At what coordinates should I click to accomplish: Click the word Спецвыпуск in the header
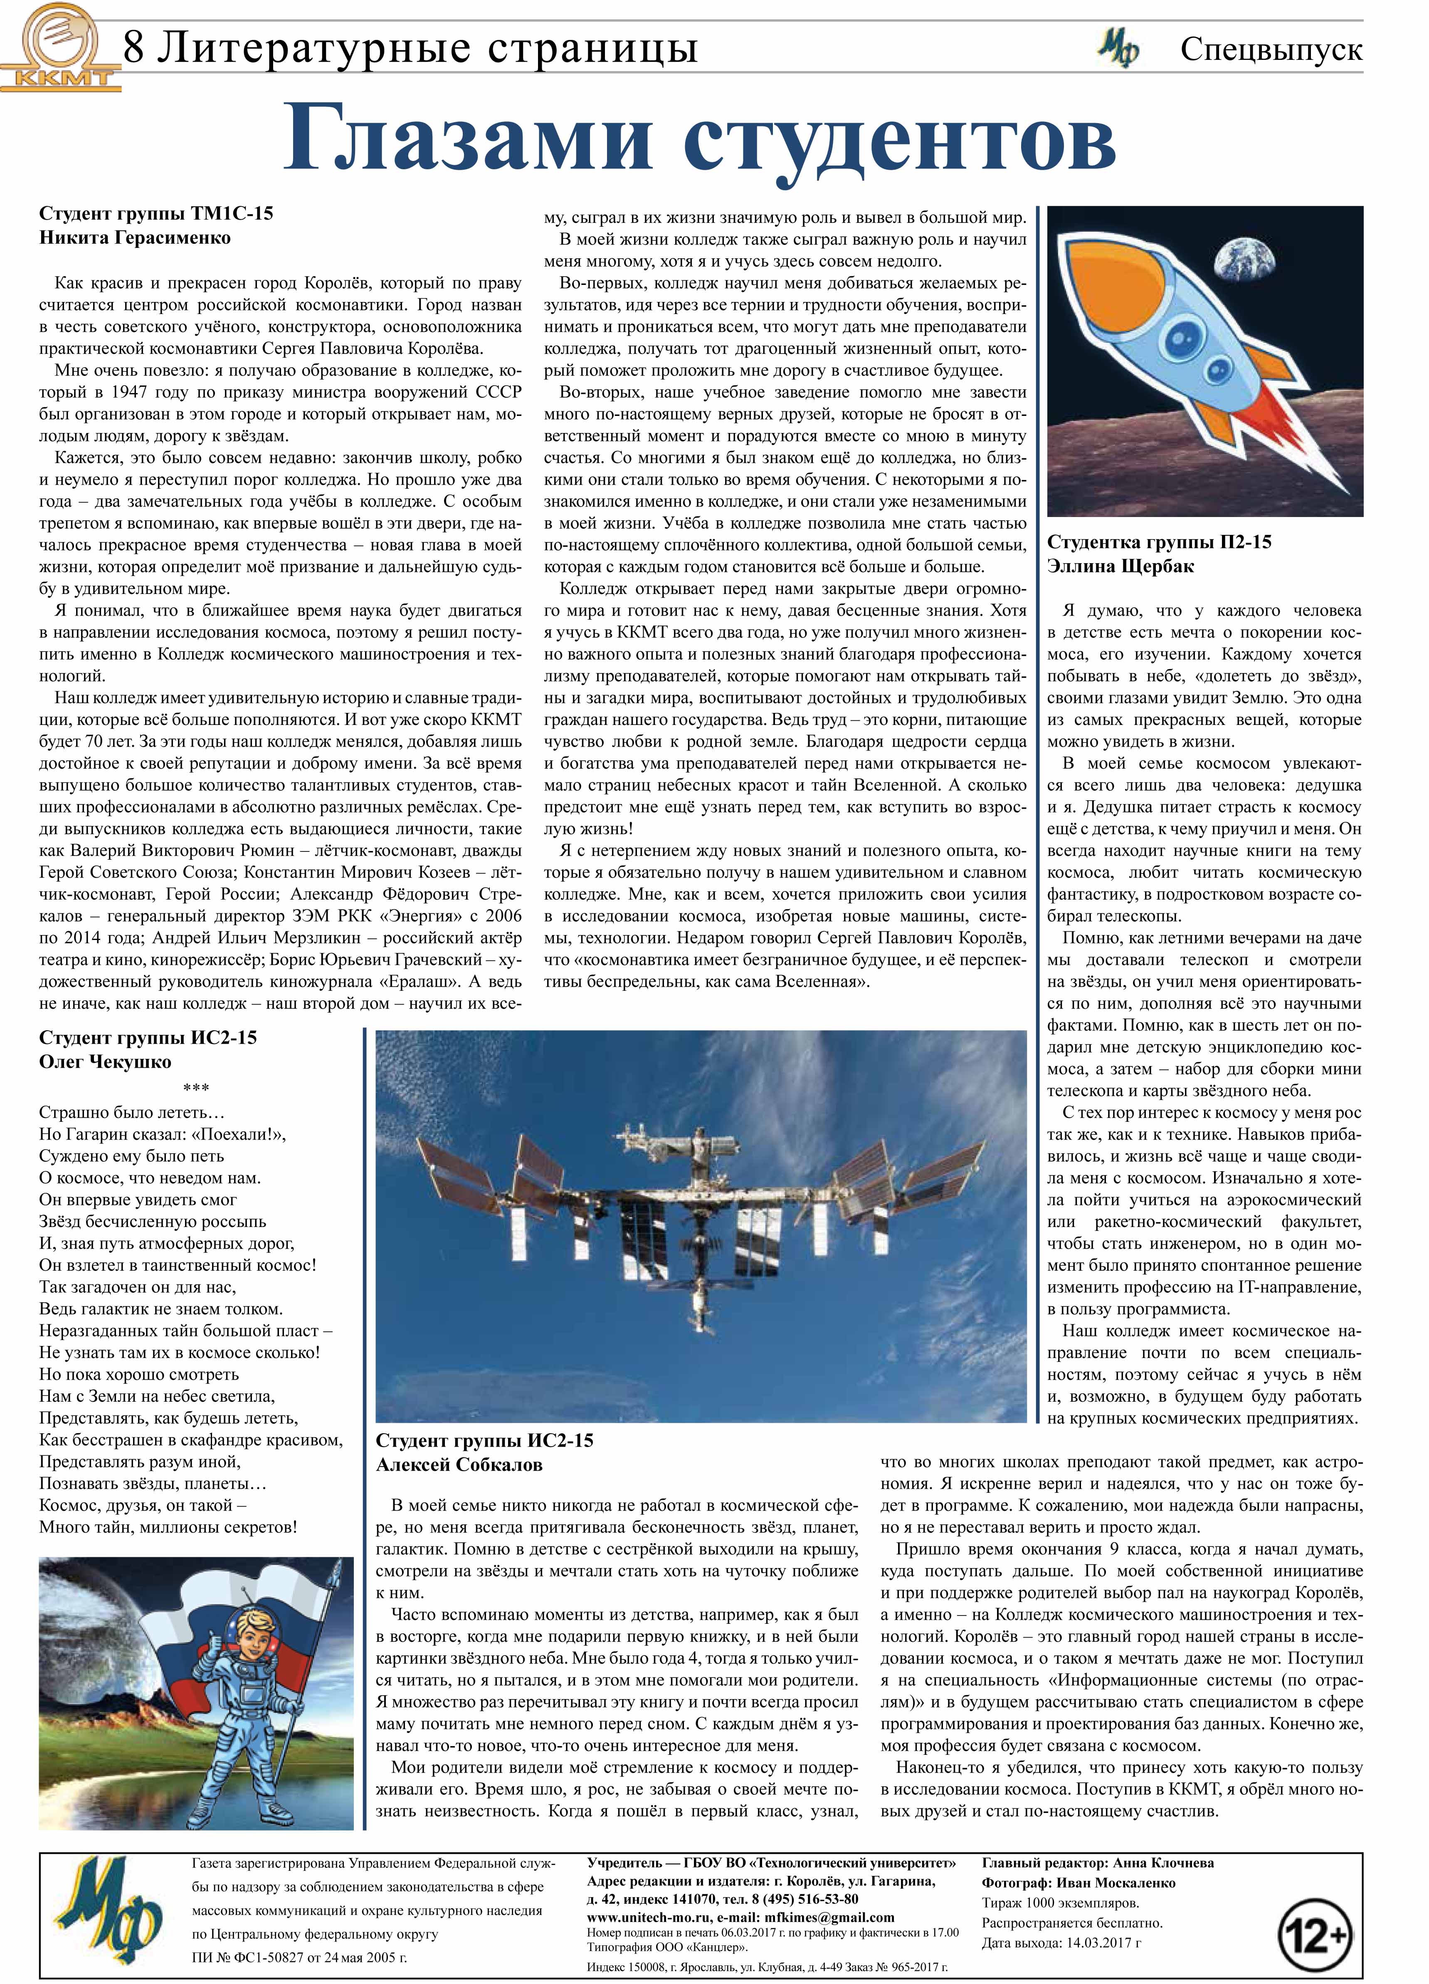1271,49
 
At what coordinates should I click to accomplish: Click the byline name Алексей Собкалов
459,1465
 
